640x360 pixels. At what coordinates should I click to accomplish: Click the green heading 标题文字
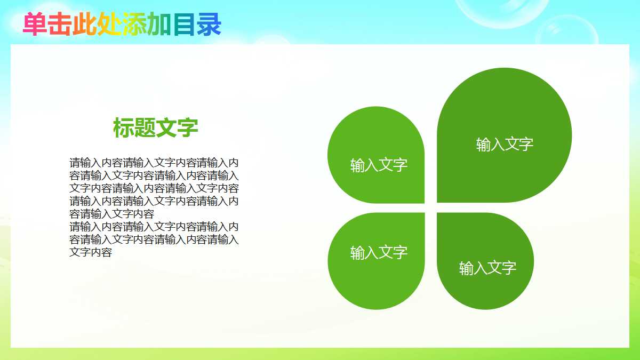[155, 128]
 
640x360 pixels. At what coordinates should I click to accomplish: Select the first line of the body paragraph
[154, 163]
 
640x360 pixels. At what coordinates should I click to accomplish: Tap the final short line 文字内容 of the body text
[91, 252]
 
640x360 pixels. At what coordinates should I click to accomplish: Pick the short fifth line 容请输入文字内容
[112, 214]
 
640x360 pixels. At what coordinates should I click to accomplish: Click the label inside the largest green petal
[505, 144]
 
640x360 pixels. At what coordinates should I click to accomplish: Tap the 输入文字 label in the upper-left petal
[379, 165]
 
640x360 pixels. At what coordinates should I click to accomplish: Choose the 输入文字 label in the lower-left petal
[379, 252]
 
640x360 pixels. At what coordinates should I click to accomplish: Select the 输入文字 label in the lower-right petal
[487, 268]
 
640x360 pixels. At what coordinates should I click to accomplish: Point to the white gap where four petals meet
[431, 208]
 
